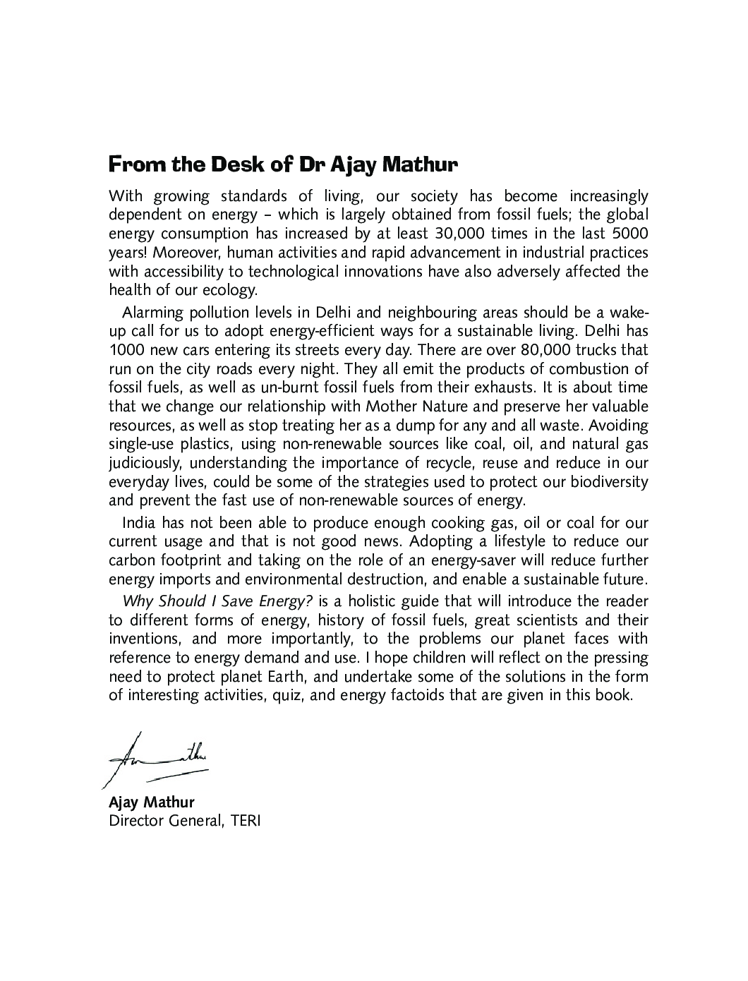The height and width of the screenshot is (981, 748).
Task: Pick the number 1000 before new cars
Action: pos(125,350)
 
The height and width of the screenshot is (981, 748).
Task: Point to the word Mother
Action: pos(392,407)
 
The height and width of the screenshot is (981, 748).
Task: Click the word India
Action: pos(139,523)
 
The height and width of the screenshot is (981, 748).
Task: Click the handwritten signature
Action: pos(159,758)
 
